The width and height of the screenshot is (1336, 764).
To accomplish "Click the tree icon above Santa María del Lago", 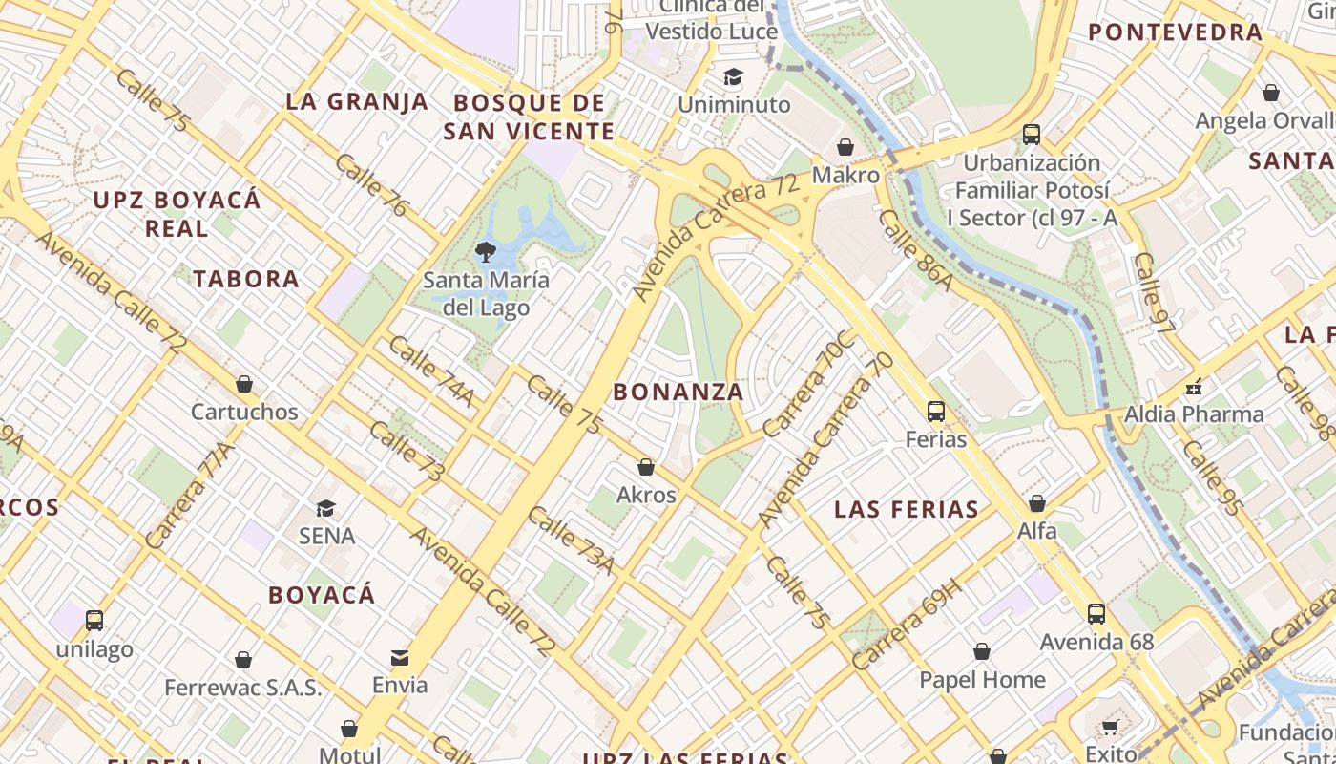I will click(486, 252).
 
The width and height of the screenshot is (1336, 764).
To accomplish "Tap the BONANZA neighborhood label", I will click(678, 392).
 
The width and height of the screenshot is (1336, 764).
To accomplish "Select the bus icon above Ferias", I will click(936, 412).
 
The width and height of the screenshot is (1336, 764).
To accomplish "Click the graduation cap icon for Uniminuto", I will click(733, 77).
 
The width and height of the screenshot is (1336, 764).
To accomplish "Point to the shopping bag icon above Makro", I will click(845, 147).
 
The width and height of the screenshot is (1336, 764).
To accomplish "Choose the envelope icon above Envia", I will click(400, 657).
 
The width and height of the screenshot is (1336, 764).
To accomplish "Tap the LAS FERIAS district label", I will click(907, 509).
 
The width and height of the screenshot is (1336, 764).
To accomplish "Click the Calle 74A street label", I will click(431, 371).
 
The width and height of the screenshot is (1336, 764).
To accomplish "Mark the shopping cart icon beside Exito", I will click(1110, 728).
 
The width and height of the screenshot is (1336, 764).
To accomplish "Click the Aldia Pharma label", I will click(1194, 414).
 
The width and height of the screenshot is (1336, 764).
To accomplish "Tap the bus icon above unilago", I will click(94, 621).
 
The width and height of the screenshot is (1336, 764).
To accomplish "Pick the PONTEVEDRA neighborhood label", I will click(1176, 32).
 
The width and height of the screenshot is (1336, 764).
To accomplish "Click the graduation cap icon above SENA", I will click(326, 508).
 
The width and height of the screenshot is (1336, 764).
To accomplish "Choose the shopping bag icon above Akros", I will click(646, 467).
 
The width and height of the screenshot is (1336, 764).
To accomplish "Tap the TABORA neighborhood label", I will click(246, 279).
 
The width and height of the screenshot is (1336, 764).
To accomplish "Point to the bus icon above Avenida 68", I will click(1096, 614).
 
